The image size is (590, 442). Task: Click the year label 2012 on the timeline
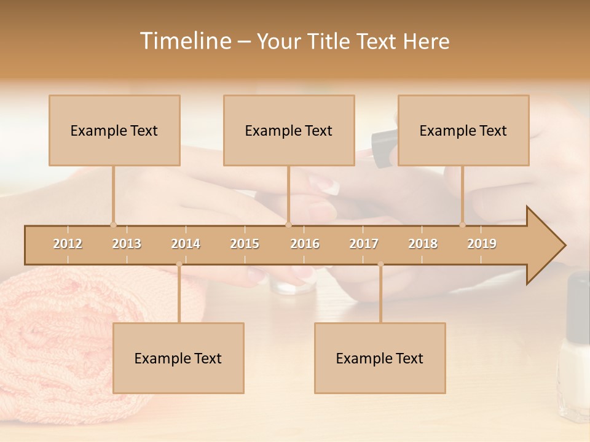(68, 244)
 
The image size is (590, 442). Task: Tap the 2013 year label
(127, 244)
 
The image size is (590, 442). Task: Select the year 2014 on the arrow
(186, 244)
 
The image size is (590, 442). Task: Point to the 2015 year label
(245, 244)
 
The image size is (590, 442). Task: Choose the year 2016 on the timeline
(305, 244)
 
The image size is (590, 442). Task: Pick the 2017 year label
(364, 244)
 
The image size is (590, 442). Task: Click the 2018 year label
(423, 244)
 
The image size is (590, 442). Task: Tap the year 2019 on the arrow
(482, 244)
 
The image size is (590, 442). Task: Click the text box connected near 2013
(114, 130)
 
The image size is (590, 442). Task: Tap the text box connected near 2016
(289, 130)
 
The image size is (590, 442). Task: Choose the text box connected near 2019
(463, 130)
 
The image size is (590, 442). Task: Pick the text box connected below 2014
(178, 358)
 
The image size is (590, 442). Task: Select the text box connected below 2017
(380, 358)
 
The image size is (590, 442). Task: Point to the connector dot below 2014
(179, 265)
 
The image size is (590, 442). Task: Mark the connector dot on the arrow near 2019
(463, 225)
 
